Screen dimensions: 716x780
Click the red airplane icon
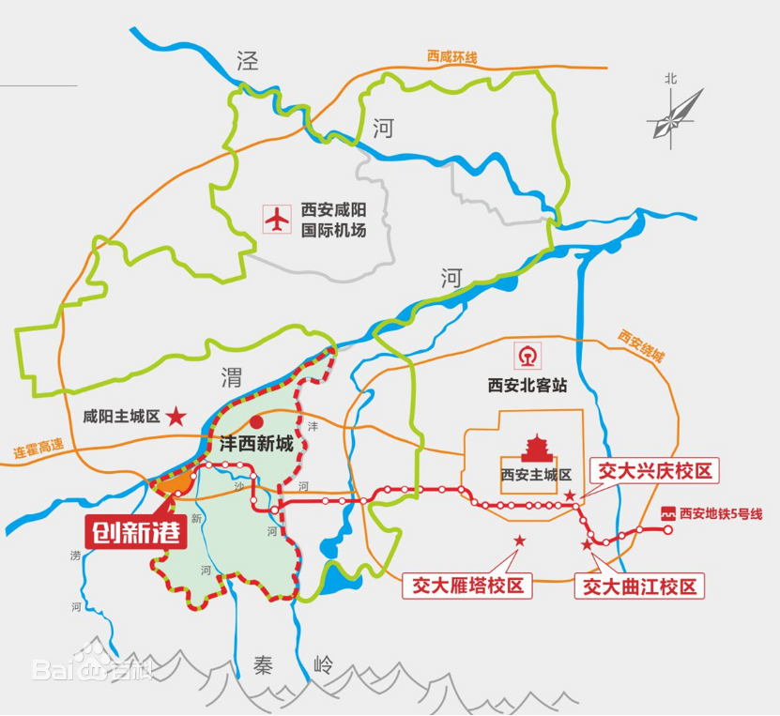click(277, 221)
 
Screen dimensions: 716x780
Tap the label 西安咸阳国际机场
click(332, 221)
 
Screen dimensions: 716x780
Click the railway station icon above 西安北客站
click(527, 357)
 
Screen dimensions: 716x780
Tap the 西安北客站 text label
click(527, 385)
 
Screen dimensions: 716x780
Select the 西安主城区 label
click(536, 474)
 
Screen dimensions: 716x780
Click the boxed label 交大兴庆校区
click(653, 470)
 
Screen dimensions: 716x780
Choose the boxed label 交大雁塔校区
click(466, 586)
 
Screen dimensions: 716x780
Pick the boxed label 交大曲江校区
click(641, 587)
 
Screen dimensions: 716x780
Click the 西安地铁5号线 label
click(712, 513)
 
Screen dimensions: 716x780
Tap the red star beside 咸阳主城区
click(176, 416)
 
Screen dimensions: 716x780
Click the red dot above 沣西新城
click(256, 423)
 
